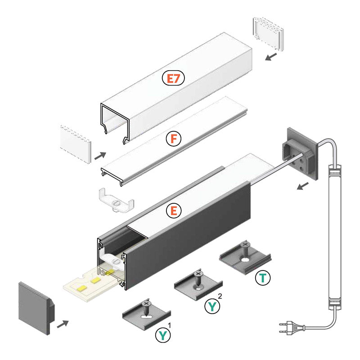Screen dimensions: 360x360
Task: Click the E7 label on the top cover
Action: pyautogui.click(x=173, y=78)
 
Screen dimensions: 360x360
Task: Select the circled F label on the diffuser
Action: pyautogui.click(x=173, y=139)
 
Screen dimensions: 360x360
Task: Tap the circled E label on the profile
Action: pyautogui.click(x=173, y=210)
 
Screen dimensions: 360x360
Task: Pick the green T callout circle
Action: pyautogui.click(x=263, y=278)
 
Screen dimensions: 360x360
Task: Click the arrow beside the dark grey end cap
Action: pyautogui.click(x=63, y=323)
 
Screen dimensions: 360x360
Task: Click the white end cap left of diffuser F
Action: pyautogui.click(x=76, y=144)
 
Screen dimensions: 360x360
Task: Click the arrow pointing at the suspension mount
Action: pyautogui.click(x=302, y=186)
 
